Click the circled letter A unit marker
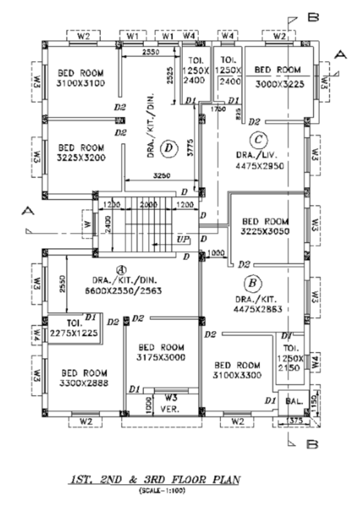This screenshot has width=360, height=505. pyautogui.click(x=120, y=269)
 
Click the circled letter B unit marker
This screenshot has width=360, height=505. pyautogui.click(x=253, y=282)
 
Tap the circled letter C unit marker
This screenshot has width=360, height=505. pyautogui.click(x=258, y=138)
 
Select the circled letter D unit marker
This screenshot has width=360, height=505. pyautogui.click(x=167, y=147)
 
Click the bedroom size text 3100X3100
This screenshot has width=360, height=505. pyautogui.click(x=81, y=83)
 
